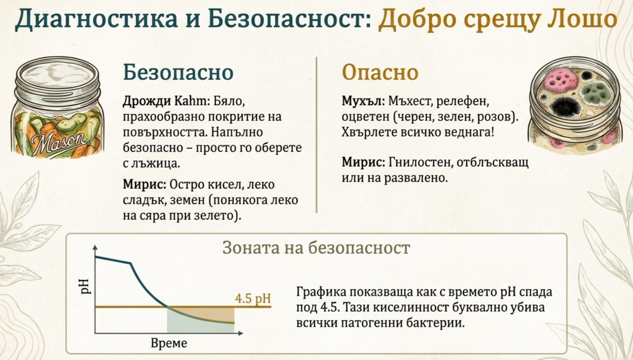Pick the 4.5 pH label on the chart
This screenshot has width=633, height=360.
[252, 299]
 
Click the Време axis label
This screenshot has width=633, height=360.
[169, 343]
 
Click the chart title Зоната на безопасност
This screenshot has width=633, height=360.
[316, 248]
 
